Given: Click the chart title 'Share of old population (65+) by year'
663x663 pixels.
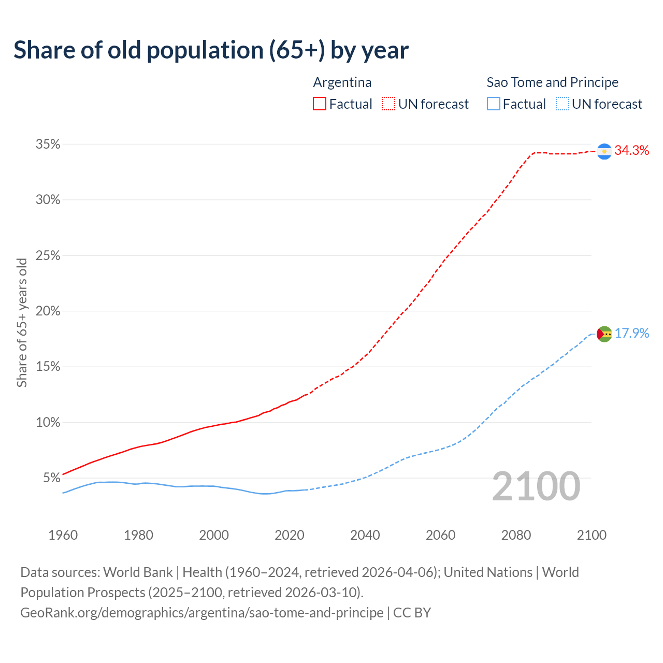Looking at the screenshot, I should [x=211, y=50].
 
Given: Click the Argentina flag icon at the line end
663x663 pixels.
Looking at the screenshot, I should [x=604, y=151].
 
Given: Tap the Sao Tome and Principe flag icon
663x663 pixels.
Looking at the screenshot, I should [x=604, y=334].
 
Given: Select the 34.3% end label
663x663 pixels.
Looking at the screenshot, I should [x=632, y=151].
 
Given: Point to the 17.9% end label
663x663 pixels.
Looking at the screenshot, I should [x=632, y=333].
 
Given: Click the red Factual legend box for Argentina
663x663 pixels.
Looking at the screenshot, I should [x=320, y=104].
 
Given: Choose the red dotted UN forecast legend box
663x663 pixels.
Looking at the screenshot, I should [x=388, y=104].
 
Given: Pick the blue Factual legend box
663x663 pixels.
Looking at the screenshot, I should [x=494, y=104].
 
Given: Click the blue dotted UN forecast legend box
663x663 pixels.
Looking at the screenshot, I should [x=562, y=104].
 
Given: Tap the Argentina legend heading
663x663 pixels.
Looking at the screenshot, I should [x=342, y=82].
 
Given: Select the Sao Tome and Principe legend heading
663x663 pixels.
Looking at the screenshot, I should [x=552, y=82].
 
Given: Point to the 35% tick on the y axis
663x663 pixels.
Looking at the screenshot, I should [x=48, y=145].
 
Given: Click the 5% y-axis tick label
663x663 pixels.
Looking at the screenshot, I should [x=51, y=478].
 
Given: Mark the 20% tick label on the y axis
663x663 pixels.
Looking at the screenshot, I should [x=48, y=311].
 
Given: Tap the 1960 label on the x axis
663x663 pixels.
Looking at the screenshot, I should [x=63, y=535].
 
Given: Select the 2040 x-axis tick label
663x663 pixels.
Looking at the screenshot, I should [x=365, y=535].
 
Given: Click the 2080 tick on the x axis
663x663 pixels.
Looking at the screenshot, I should [x=516, y=535].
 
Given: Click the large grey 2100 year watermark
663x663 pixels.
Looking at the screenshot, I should [x=536, y=486].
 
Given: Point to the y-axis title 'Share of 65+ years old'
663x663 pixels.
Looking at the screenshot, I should [x=22, y=322].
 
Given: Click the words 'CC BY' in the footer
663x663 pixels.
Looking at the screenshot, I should [x=412, y=613].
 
